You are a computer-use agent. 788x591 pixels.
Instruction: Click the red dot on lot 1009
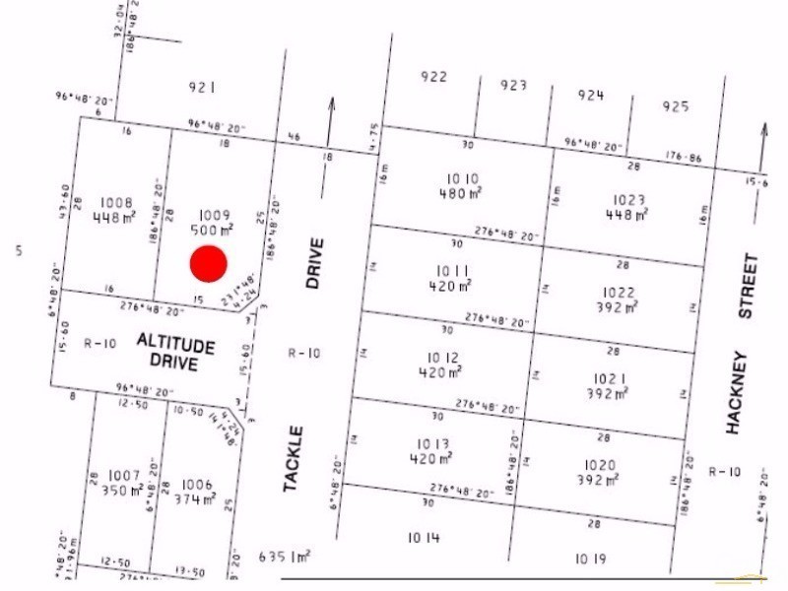[x=209, y=264]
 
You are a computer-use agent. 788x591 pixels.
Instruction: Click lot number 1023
[x=627, y=200]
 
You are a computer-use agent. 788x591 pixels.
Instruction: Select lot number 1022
[x=620, y=293]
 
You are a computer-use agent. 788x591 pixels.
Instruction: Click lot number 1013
[x=433, y=443]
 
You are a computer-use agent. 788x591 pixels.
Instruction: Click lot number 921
[x=201, y=88]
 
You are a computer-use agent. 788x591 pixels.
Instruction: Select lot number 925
[x=676, y=105]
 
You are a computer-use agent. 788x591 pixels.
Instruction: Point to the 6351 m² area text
[x=285, y=557]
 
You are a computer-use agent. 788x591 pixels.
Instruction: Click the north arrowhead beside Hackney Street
[x=764, y=129]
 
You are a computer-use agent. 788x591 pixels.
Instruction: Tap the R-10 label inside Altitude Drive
[x=100, y=344]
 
